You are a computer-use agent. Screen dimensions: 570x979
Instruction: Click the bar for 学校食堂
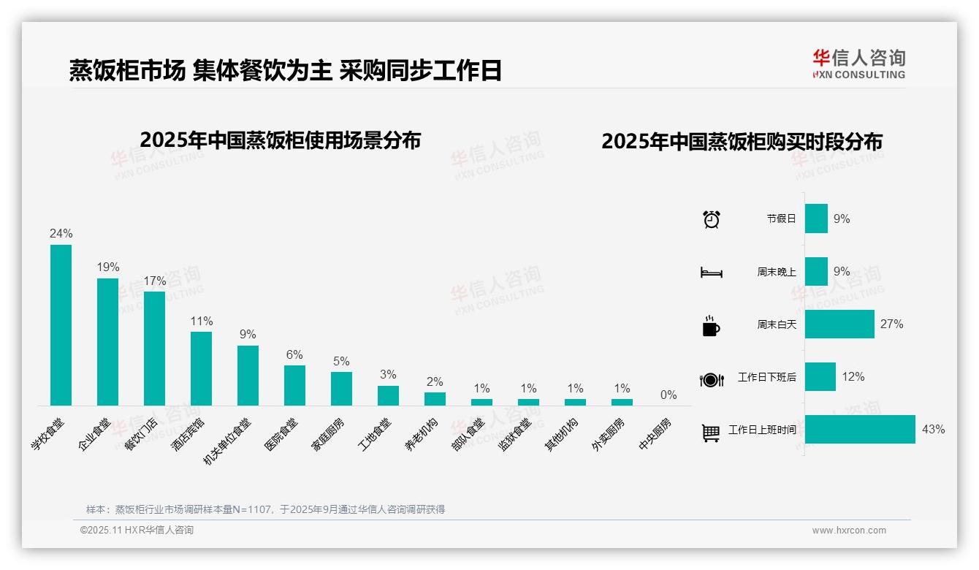coord(61,325)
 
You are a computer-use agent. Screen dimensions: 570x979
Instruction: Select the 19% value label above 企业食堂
coord(108,267)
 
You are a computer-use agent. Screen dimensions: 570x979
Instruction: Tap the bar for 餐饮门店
coord(154,349)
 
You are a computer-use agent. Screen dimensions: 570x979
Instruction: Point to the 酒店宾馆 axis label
coord(189,433)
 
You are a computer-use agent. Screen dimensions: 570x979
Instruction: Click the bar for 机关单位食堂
coord(248,376)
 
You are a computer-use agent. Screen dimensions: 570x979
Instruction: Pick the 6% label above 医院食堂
coord(294,355)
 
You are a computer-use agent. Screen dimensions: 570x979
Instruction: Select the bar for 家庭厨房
coord(341,389)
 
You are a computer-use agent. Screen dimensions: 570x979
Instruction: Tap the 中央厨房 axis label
coord(655,433)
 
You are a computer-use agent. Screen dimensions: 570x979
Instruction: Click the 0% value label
coord(668,395)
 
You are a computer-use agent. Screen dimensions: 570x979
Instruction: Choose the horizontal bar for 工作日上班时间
coord(860,429)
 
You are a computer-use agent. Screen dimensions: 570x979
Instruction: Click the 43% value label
coord(933,430)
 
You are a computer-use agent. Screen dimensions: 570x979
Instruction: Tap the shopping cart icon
coord(711,433)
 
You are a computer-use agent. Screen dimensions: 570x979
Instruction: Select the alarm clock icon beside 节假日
coord(711,219)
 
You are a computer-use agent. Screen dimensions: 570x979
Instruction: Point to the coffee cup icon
coord(711,325)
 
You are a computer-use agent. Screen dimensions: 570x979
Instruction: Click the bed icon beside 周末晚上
coord(711,273)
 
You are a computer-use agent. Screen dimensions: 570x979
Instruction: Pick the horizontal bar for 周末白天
coord(839,324)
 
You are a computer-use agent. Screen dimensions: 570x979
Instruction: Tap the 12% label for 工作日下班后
coord(853,377)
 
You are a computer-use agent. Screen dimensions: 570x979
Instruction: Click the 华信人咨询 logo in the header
coord(858,64)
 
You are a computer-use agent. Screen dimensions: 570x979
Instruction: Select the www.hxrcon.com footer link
coord(849,531)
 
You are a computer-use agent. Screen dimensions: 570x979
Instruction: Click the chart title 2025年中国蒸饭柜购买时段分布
coord(742,141)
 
